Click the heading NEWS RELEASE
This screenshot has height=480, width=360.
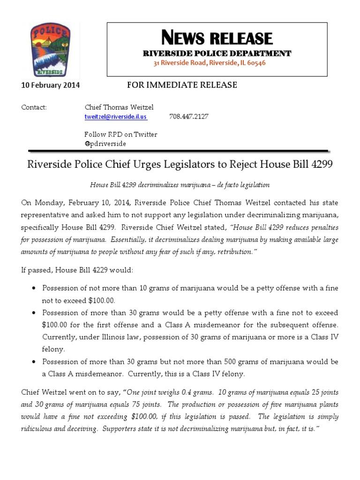tap(217, 38)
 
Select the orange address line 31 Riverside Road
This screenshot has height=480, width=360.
tap(210, 63)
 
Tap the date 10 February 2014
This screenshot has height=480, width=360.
tap(51, 85)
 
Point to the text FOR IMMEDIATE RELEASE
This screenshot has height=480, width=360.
tap(182, 85)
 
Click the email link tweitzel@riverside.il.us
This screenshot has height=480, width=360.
tap(115, 117)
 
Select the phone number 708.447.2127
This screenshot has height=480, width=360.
tap(188, 117)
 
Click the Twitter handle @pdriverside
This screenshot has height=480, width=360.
tap(105, 143)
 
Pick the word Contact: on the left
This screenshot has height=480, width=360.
tap(34, 107)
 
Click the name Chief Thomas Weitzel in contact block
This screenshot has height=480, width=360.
tap(119, 107)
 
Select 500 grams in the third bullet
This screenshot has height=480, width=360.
tap(245, 362)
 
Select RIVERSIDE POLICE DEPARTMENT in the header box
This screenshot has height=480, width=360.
tap(217, 53)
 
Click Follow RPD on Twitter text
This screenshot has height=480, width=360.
tap(120, 135)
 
